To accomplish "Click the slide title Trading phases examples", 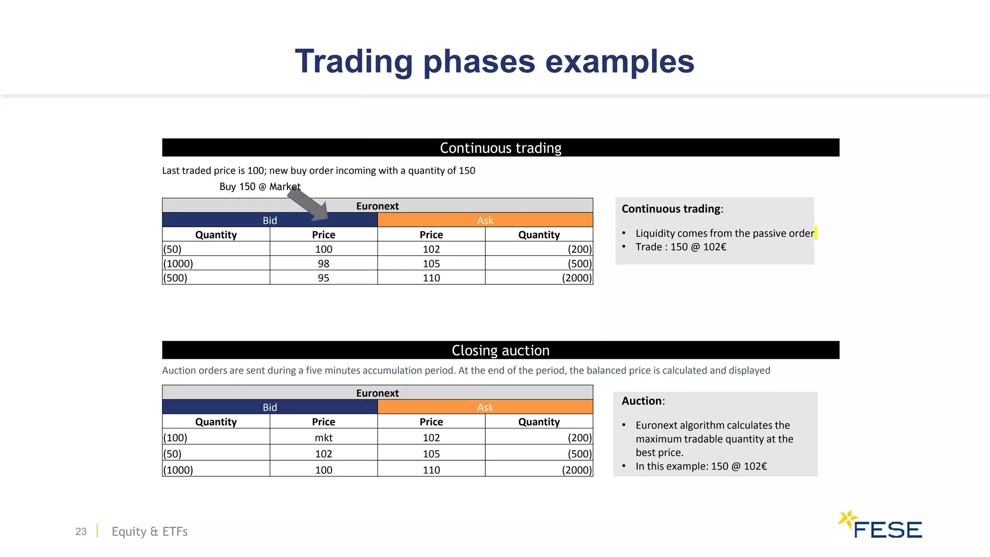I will coord(495,61).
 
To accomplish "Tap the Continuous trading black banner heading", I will coord(500,148).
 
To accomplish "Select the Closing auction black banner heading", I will coord(500,350).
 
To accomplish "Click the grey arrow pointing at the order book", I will coord(308,205).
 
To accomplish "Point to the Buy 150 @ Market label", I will coord(260,187).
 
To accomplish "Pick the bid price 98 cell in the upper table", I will coord(323,264).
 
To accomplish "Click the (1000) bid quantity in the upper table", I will coord(178,264).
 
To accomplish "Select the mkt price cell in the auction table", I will coord(323,438).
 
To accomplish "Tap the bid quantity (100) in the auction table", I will coord(175,438).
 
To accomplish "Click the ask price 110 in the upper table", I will coord(431,278).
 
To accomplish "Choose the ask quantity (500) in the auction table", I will coord(579,454).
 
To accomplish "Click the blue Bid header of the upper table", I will coord(270,220).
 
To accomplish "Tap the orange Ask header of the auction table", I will coord(485,407).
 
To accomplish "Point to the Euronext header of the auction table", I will coord(377,393).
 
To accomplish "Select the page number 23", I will coord(81,531).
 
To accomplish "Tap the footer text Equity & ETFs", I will coord(149,531).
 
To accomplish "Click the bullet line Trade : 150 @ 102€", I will coord(681,247).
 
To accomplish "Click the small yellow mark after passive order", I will coord(815,233).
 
